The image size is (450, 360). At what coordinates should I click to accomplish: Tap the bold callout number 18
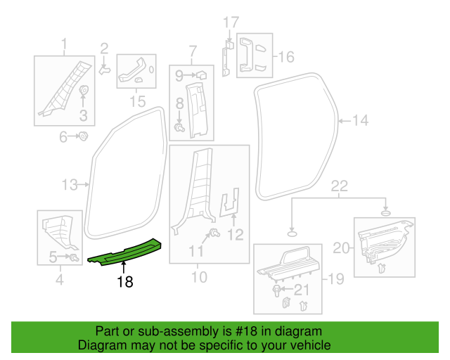coord(124,282)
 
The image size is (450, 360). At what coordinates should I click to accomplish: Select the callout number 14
coord(359,121)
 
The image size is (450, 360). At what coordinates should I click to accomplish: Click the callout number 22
coord(340,186)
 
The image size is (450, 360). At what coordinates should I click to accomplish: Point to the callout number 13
coord(69,186)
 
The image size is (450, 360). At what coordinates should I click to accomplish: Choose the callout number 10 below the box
coord(199,278)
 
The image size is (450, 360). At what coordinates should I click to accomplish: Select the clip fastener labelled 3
coord(83,91)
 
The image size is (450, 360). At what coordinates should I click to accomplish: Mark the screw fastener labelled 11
coord(214,233)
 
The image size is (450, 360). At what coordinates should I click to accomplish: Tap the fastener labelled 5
coord(72,257)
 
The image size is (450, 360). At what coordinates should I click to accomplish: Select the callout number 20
coord(340,247)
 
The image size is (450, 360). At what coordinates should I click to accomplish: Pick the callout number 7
coord(193,51)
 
